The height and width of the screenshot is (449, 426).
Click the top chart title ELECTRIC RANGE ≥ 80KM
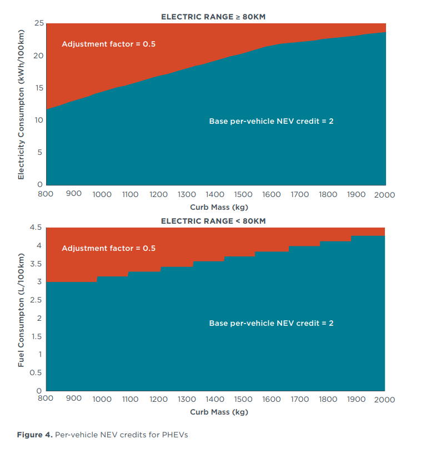213,17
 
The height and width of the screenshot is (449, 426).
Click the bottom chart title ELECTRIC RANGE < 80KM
213,221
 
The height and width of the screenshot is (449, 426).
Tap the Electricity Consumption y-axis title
21,104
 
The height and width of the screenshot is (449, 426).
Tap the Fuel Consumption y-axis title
21,310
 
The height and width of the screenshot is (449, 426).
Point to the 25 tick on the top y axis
38,23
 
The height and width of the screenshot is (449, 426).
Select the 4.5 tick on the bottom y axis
36,228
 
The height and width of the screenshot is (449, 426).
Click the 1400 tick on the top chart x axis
215,194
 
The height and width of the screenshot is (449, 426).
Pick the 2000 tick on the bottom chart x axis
384,400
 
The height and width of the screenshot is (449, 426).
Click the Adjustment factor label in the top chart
108,44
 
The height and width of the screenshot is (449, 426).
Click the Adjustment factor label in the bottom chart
108,248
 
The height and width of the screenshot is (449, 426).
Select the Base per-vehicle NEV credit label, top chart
271,121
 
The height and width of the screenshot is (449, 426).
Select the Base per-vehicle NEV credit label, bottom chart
271,323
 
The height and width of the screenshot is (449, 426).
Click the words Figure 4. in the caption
34,435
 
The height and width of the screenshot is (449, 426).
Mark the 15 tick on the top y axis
39,88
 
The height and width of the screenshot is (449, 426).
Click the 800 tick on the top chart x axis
46,194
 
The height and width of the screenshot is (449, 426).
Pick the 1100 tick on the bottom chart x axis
130,400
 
